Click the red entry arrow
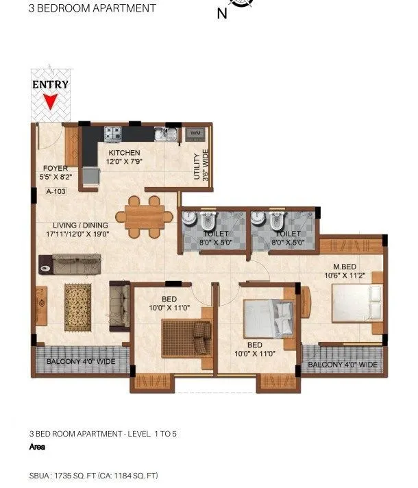point(49,101)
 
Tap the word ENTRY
point(50,85)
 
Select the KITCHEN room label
point(123,153)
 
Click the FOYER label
point(55,168)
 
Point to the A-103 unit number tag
point(56,193)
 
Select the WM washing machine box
point(195,132)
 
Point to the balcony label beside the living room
point(80,361)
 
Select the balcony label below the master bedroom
point(342,365)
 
